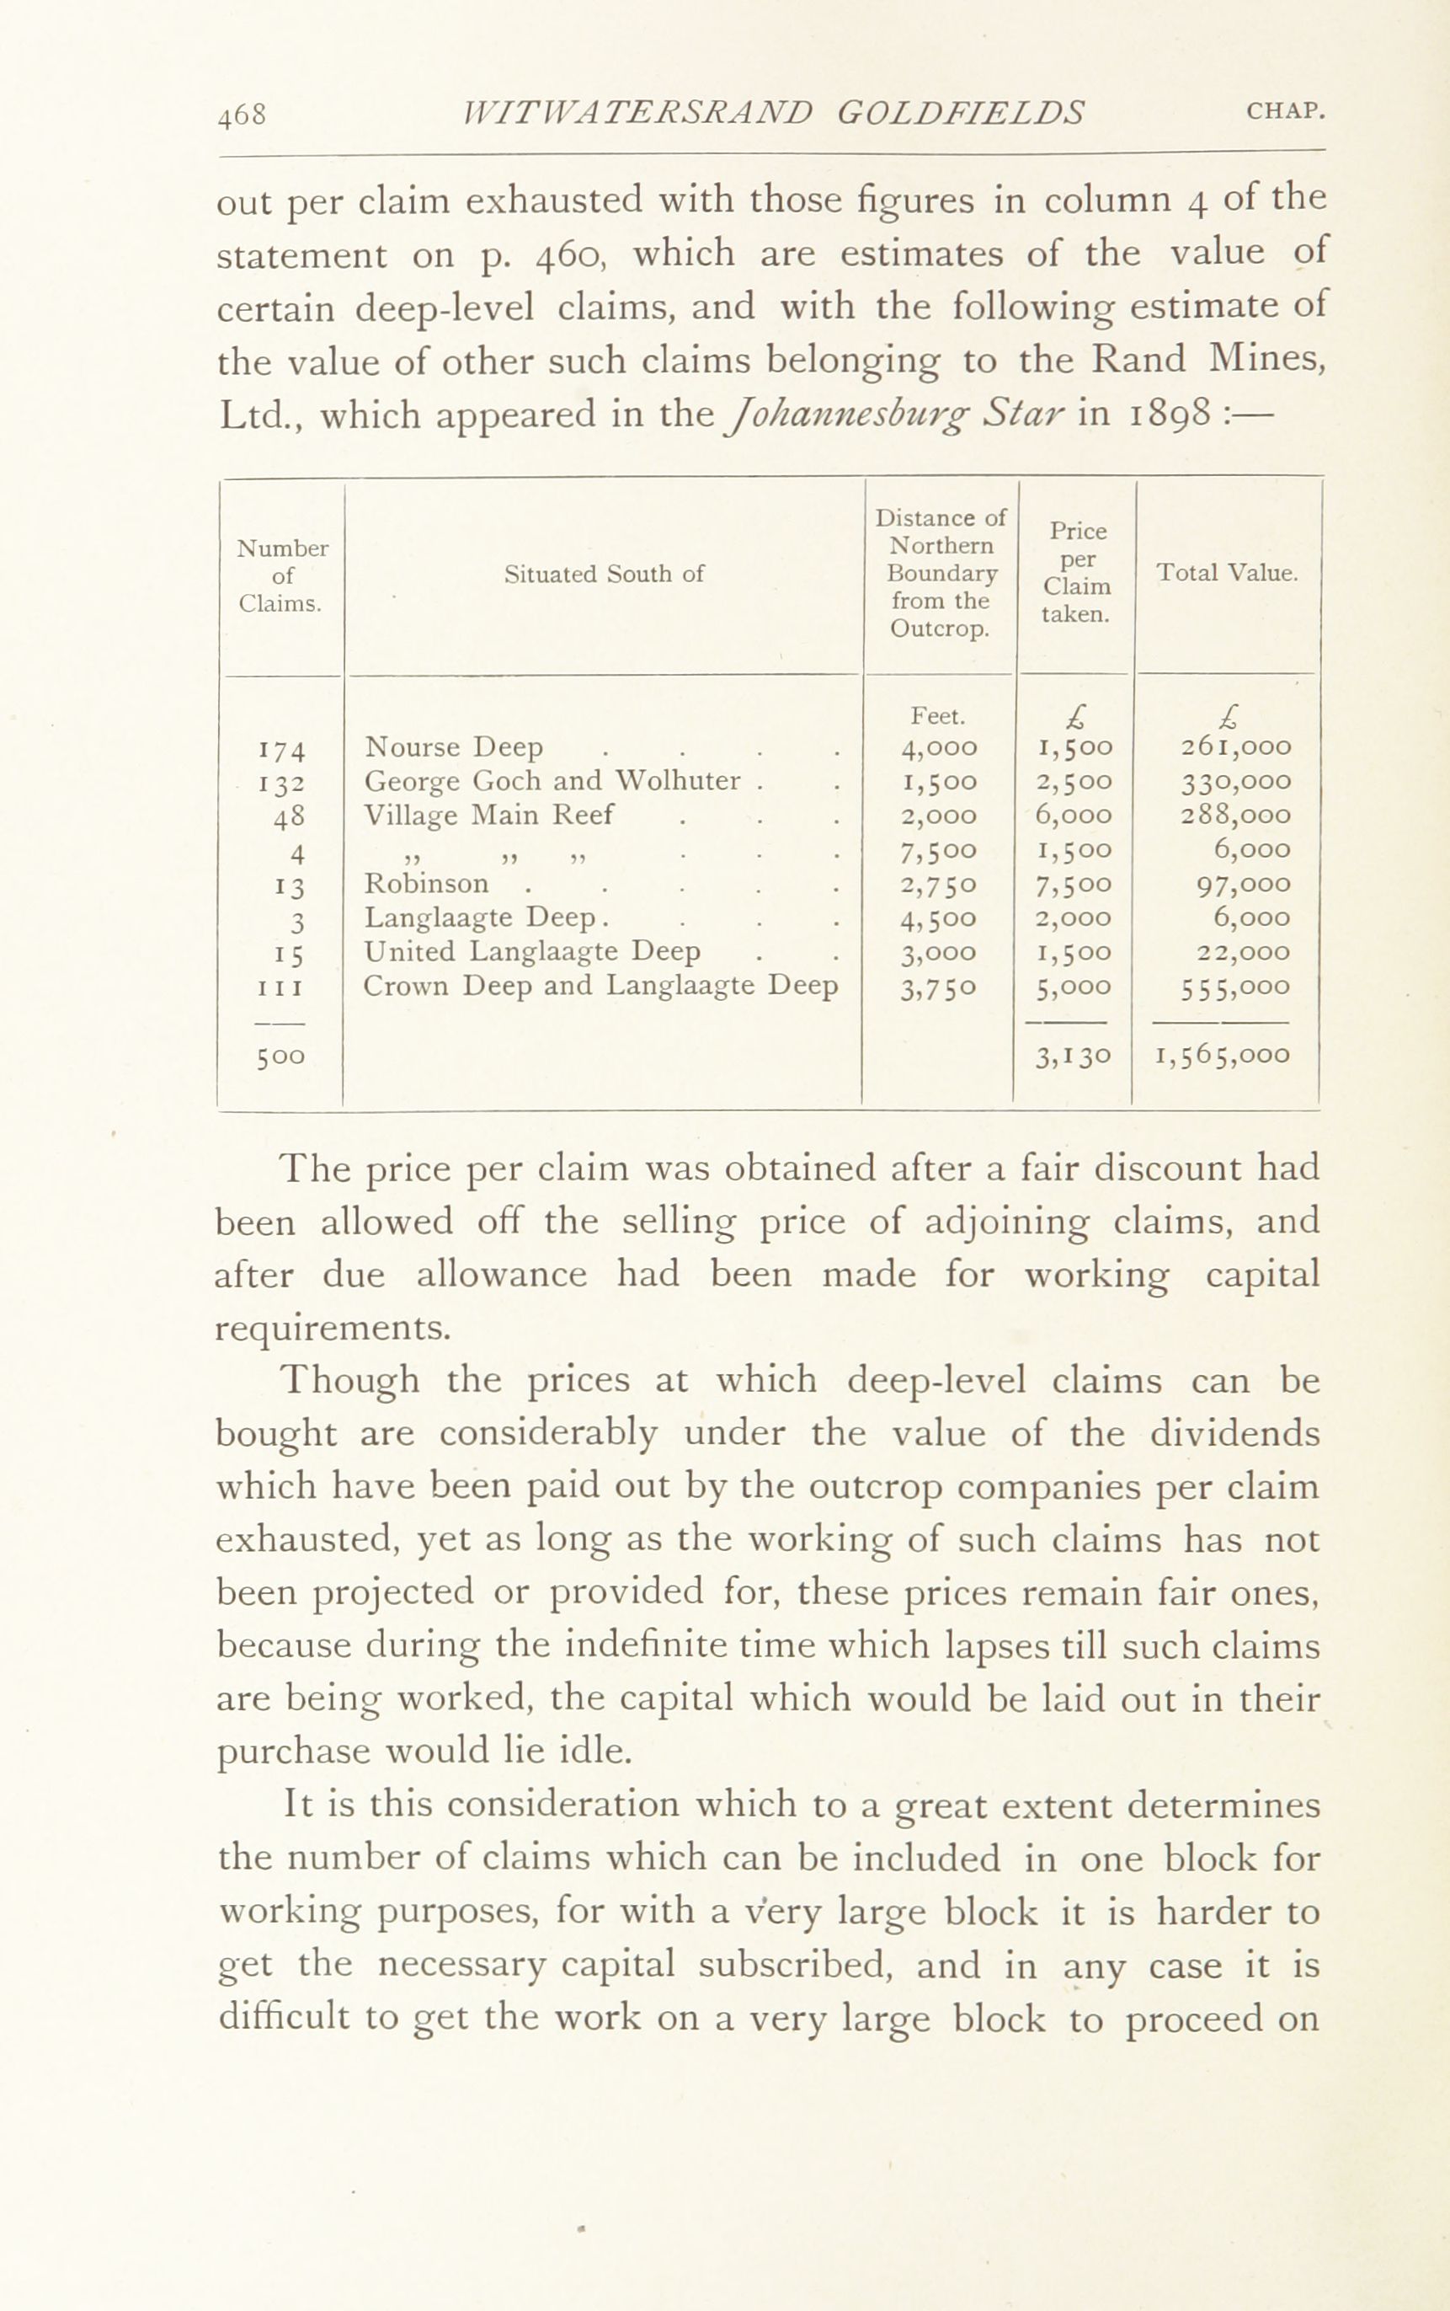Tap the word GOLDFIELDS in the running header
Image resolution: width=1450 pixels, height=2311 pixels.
[x=960, y=112]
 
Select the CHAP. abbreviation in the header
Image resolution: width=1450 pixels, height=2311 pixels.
[x=1285, y=111]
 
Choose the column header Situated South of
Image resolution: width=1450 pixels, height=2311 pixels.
[x=605, y=574]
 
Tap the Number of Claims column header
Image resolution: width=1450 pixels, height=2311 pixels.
[x=282, y=575]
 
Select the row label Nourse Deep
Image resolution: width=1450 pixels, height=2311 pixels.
[x=454, y=746]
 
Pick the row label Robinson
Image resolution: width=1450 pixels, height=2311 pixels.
[x=426, y=883]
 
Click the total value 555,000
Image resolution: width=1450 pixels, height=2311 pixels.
[x=1235, y=987]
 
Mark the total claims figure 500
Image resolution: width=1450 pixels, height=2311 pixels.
[x=280, y=1057]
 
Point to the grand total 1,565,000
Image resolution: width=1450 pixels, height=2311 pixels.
[x=1223, y=1056]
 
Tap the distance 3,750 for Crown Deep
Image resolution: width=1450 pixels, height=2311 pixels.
[x=939, y=987]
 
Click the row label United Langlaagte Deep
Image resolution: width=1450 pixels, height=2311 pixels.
[x=532, y=952]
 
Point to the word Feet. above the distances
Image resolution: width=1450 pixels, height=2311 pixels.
[x=938, y=715]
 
